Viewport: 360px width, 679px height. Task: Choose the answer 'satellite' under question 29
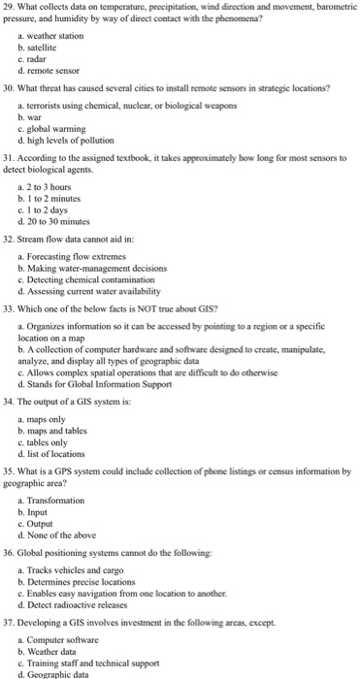pos(47,47)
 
